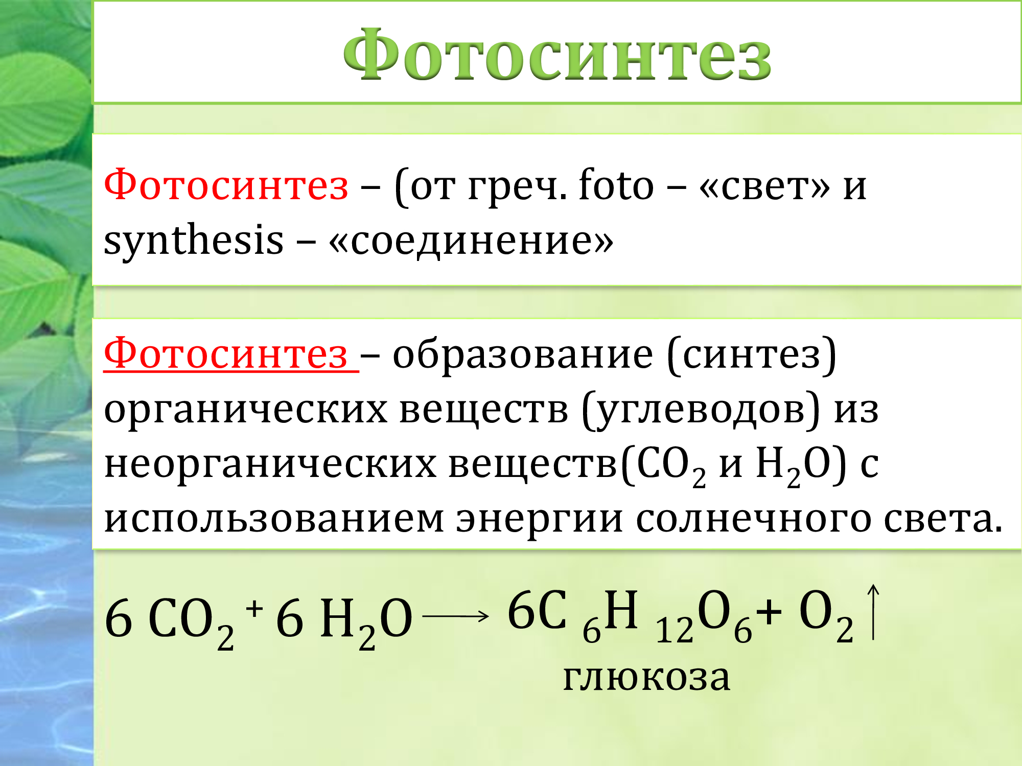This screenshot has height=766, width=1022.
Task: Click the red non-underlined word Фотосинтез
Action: (226, 185)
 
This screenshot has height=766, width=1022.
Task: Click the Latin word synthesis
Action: (193, 240)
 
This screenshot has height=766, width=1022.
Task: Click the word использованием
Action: (274, 519)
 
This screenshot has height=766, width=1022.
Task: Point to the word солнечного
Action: (754, 519)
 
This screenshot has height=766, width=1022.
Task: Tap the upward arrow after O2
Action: (873, 612)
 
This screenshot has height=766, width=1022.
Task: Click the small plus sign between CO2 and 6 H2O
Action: (254, 609)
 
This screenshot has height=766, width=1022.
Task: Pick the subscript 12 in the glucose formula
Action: (675, 630)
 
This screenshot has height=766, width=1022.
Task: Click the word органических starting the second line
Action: (246, 412)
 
